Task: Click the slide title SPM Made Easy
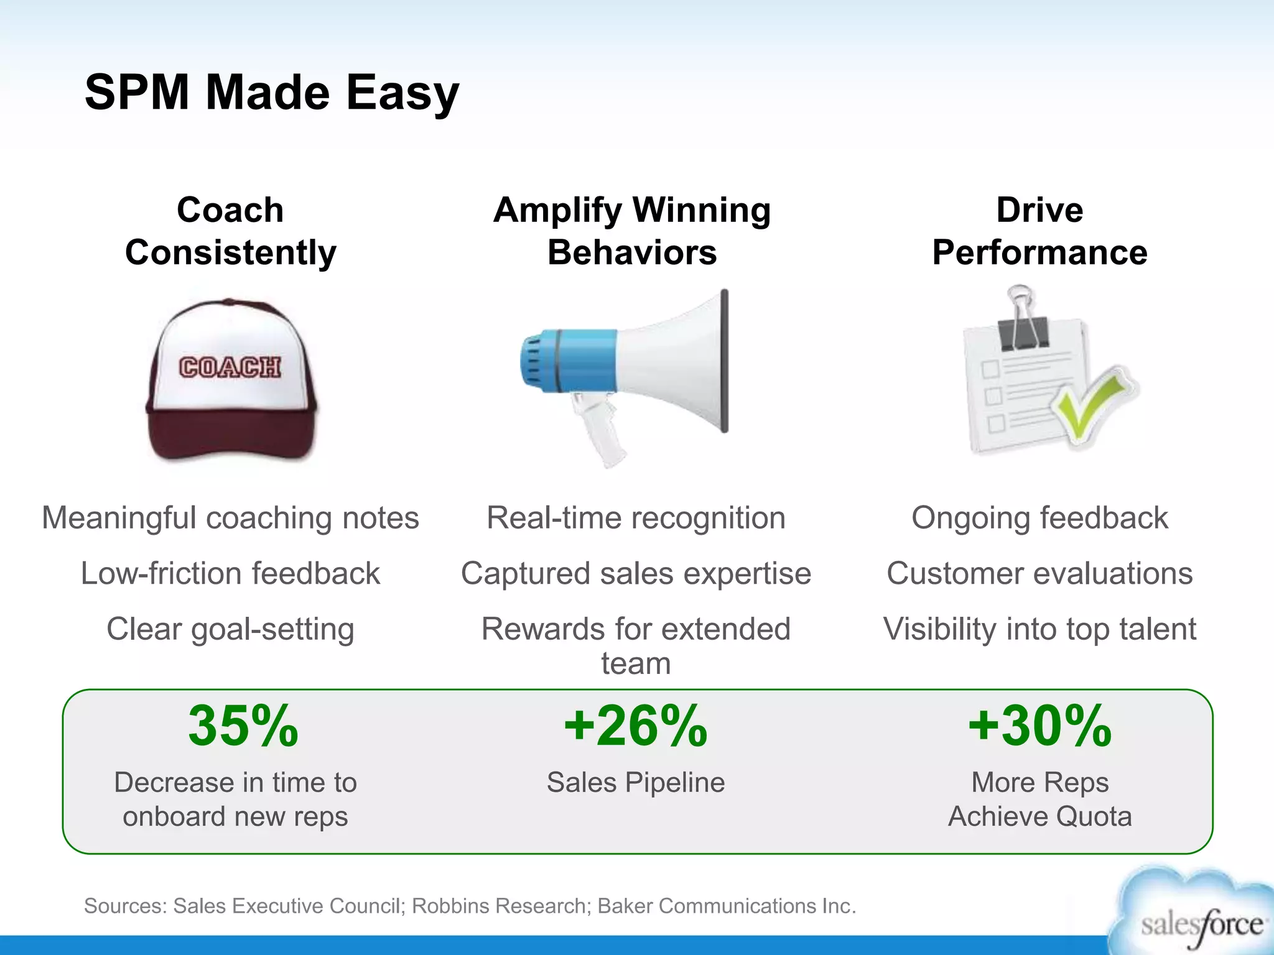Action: [272, 93]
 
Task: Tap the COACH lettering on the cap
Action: [230, 367]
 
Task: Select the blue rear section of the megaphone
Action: [569, 361]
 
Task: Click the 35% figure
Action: [243, 726]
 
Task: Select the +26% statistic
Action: [635, 726]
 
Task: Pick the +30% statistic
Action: [1039, 726]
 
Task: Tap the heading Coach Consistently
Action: [230, 231]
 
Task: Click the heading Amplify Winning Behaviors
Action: [632, 231]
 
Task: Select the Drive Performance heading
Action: [1039, 231]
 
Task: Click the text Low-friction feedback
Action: [230, 573]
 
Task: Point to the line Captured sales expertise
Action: [636, 573]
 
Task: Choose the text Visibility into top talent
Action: [1039, 629]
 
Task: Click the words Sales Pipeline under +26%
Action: [636, 782]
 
